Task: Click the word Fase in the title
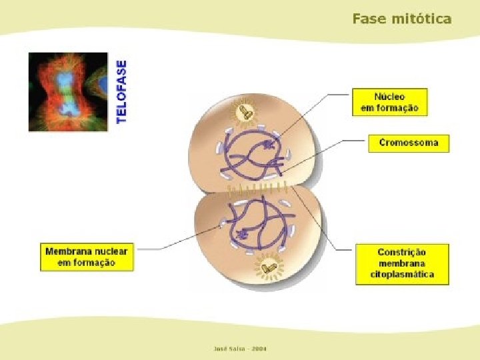[369, 19]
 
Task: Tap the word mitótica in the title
[421, 19]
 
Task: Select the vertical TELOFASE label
[121, 91]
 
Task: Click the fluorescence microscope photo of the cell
[68, 91]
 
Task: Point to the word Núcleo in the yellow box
[389, 96]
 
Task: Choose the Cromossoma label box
[409, 143]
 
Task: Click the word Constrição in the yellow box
[401, 253]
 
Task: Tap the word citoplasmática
[403, 274]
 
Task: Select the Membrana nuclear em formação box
[87, 257]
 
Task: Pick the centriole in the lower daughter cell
[269, 268]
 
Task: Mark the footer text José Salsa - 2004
[239, 348]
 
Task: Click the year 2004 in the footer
[256, 348]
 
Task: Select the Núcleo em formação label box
[389, 102]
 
